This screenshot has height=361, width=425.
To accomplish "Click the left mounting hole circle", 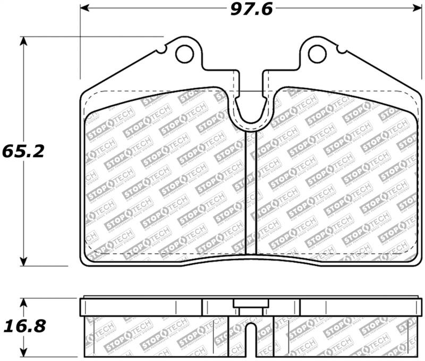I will pos(184,53).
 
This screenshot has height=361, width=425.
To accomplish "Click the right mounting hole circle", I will pos(317,53).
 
